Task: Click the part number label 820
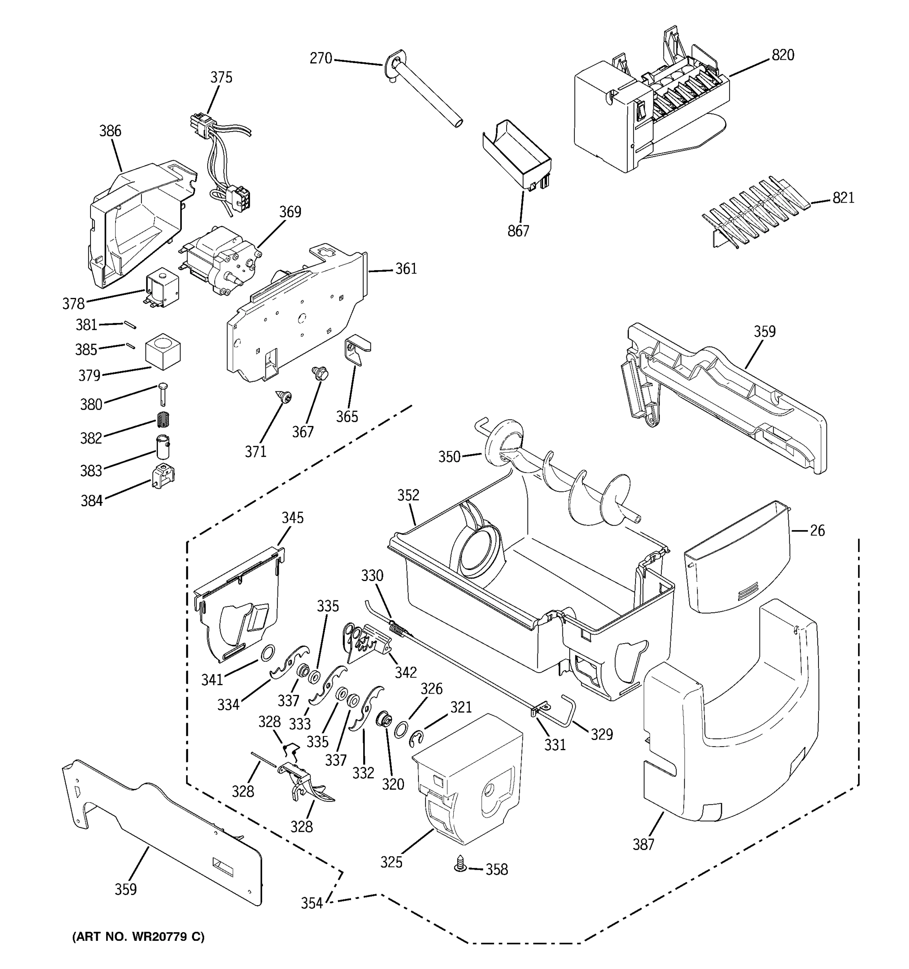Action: (783, 55)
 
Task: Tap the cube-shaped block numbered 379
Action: (163, 351)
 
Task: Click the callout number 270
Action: (320, 59)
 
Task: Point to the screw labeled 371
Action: (283, 397)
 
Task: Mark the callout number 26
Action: (817, 530)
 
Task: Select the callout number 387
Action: (643, 844)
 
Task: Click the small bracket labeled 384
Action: (163, 476)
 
